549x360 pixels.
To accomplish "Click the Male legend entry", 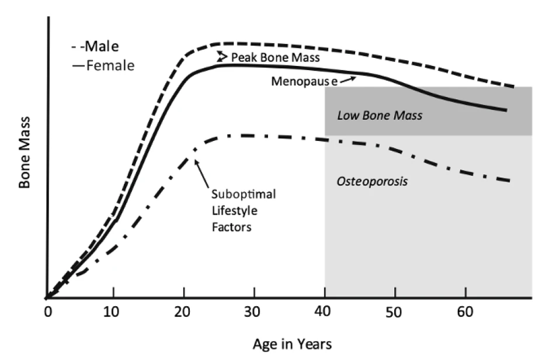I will pos(100,46).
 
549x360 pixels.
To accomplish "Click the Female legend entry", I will pos(103,65).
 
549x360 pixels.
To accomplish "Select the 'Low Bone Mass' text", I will pos(380,116).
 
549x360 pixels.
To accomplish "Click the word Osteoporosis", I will pos(371,181).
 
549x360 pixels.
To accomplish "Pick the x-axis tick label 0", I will pos(47,311).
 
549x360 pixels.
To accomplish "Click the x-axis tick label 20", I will pos(185,311).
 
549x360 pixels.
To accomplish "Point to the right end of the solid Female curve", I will pos(506,110).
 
